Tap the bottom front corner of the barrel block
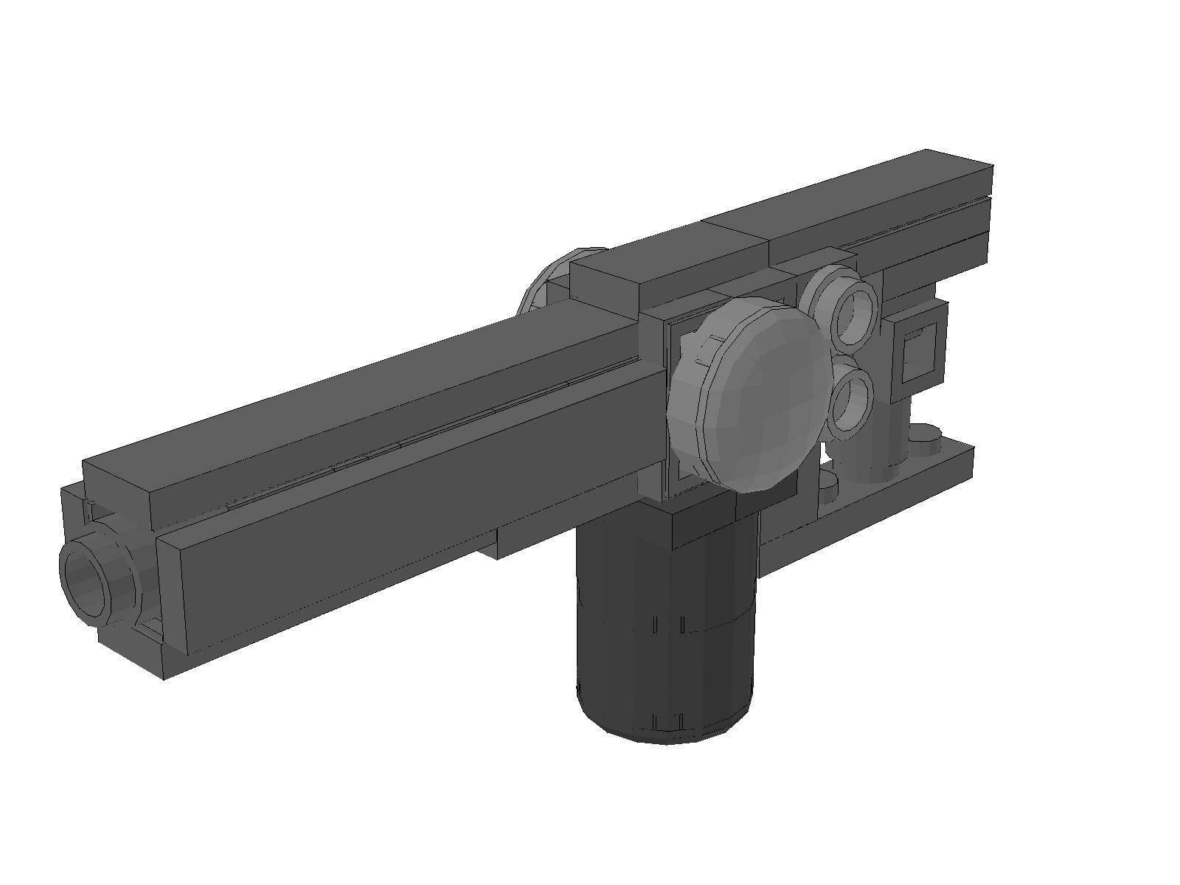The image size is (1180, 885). click(164, 675)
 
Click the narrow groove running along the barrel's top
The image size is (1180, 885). click(413, 442)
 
